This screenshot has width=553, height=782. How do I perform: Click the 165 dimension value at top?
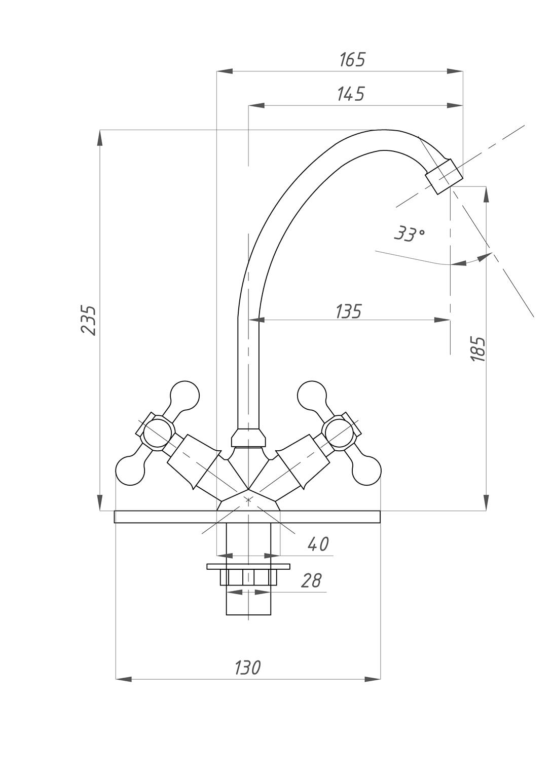tap(352, 60)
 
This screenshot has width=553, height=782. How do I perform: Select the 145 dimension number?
tap(351, 94)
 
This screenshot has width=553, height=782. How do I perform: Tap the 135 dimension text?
tap(348, 311)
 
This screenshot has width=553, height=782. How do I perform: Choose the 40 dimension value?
tap(318, 544)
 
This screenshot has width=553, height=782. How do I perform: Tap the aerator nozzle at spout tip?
tap(444, 176)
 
